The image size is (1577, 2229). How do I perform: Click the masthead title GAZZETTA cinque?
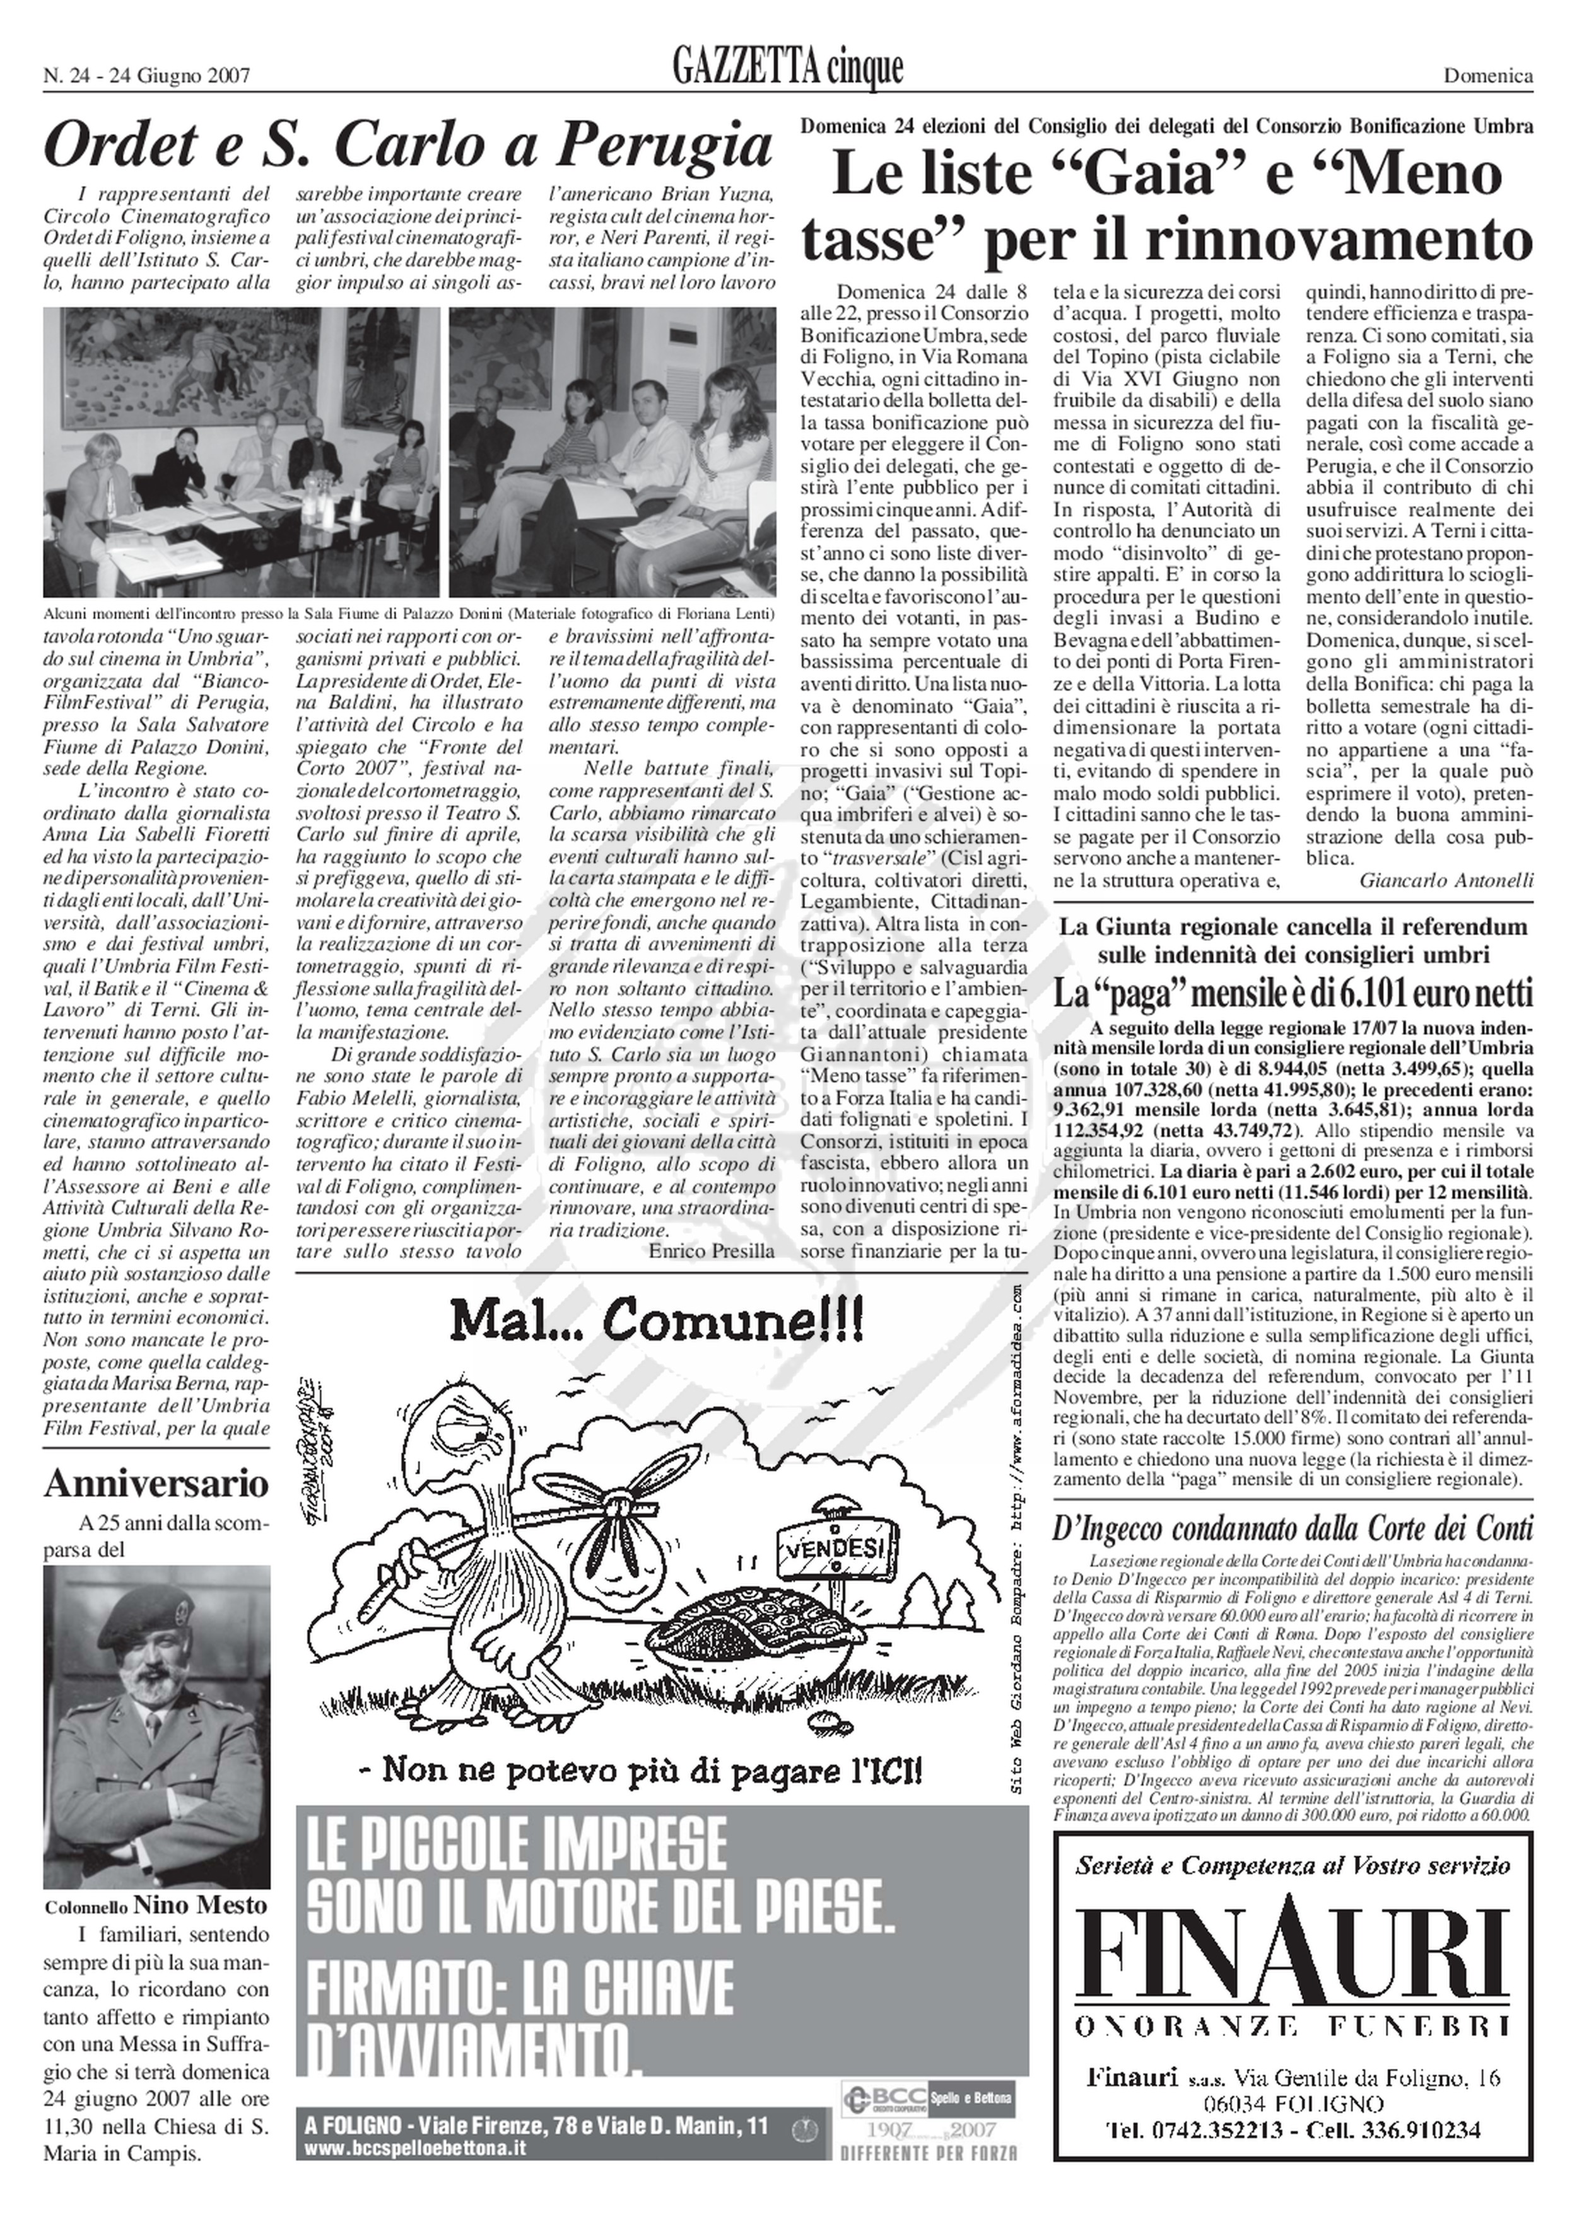click(787, 68)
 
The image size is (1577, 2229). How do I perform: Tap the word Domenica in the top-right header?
click(1487, 76)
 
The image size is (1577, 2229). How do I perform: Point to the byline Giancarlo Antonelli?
click(1446, 880)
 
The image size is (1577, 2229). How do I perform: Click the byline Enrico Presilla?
click(712, 1250)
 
